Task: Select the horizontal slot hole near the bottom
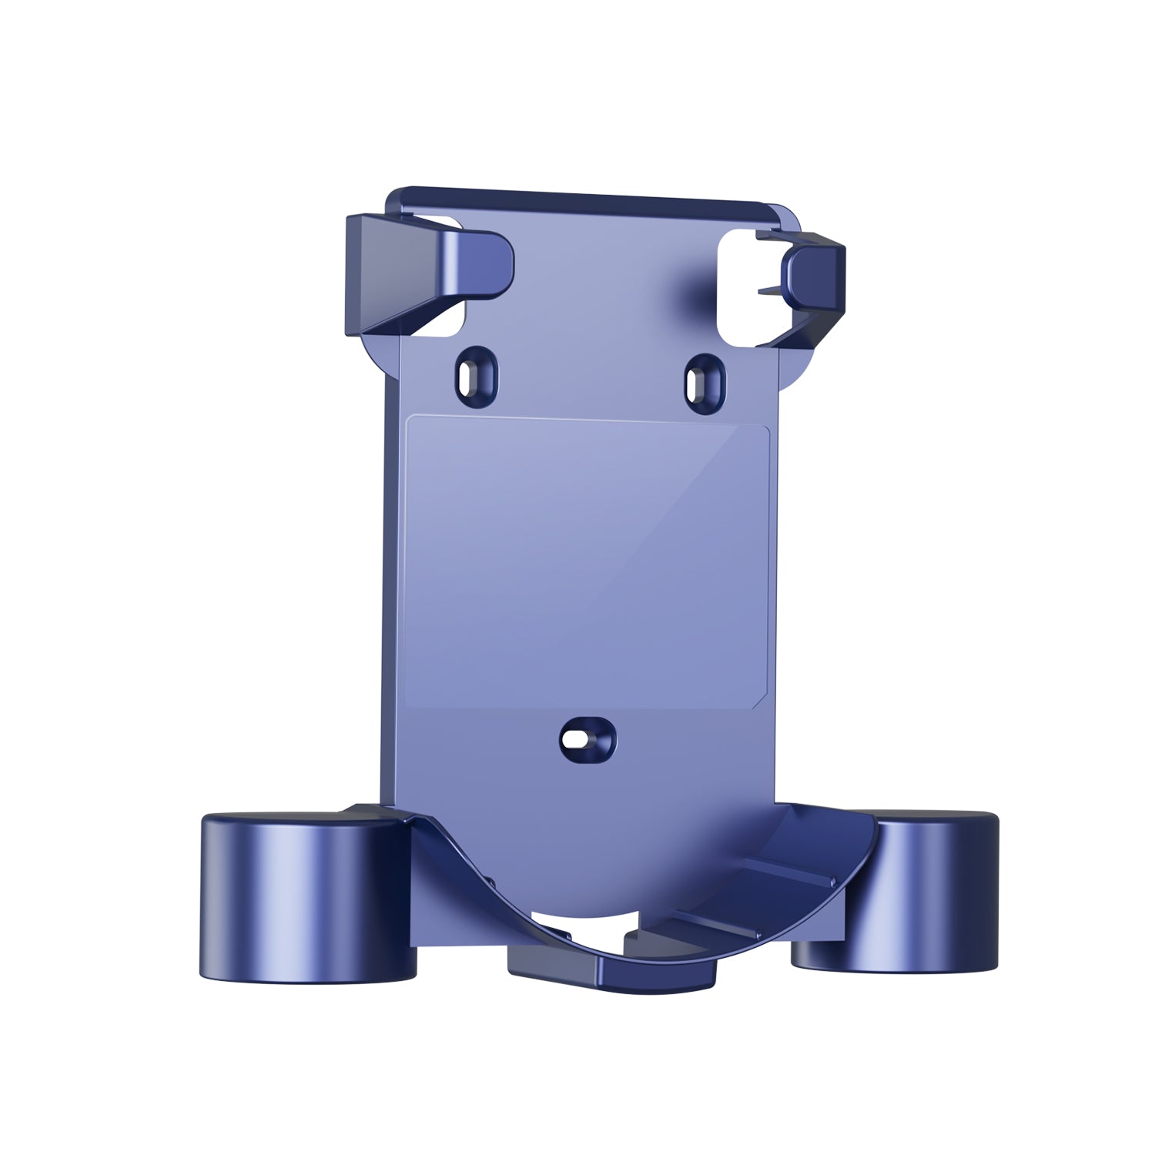575,740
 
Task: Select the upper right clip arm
808,285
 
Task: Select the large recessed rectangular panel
585,562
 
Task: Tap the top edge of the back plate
585,196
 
